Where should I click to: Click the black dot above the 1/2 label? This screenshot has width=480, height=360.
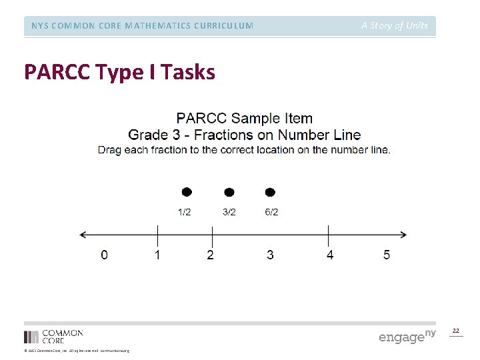[x=187, y=192]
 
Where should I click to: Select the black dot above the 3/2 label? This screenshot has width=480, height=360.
[x=229, y=192]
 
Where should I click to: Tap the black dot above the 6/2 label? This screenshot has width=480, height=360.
[x=270, y=192]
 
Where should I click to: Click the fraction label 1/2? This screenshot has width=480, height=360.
[x=185, y=213]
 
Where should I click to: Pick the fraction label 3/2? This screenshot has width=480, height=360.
[x=229, y=213]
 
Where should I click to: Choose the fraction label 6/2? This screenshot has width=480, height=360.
[x=271, y=213]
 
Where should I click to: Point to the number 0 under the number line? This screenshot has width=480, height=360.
[x=104, y=255]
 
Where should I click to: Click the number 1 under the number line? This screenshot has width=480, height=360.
[x=157, y=255]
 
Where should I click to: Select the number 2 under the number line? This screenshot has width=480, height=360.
[x=211, y=255]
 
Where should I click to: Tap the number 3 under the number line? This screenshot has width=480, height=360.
[x=270, y=255]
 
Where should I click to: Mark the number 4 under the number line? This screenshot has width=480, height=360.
[x=330, y=255]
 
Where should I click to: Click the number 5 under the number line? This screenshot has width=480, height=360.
[x=387, y=255]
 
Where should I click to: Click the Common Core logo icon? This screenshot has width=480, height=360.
[x=31, y=337]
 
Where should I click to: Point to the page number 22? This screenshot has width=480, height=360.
[x=456, y=331]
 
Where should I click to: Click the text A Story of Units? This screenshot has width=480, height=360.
[x=395, y=26]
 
